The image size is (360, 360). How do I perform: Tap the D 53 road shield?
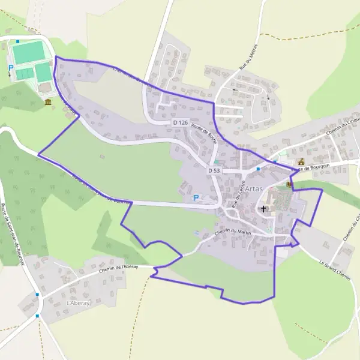click(214, 171)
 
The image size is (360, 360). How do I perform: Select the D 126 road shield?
click(180, 122)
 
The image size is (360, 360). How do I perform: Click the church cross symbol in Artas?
click(263, 209)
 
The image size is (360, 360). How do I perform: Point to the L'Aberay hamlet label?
click(79, 304)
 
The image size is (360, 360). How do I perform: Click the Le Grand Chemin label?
click(334, 266)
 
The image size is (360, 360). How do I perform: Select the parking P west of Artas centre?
click(196, 197)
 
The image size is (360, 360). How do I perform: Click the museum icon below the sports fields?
click(47, 103)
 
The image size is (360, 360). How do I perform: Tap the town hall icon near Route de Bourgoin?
click(301, 162)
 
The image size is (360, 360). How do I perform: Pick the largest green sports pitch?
click(28, 53)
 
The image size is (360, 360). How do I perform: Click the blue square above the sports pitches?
click(18, 41)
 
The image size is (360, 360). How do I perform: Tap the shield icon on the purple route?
click(290, 185)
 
